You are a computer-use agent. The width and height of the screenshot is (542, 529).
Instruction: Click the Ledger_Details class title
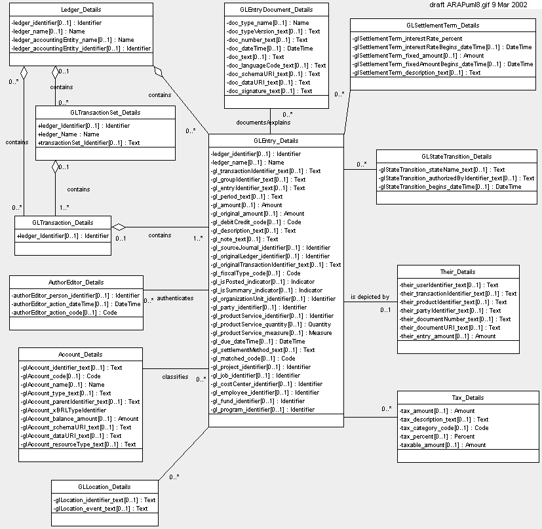pyautogui.click(x=81, y=10)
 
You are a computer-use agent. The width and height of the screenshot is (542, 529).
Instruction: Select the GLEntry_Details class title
pyautogui.click(x=276, y=141)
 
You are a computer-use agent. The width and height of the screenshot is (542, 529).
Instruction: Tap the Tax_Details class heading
pyautogui.click(x=468, y=398)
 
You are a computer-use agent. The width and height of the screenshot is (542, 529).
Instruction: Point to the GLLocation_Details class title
pyautogui.click(x=104, y=487)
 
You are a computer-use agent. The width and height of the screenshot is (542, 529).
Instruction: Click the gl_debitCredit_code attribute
pyautogui.click(x=256, y=222)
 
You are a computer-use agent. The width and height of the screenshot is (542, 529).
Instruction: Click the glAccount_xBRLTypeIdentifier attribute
pyautogui.click(x=64, y=410)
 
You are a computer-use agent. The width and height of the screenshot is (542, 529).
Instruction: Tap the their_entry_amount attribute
pyautogui.click(x=447, y=336)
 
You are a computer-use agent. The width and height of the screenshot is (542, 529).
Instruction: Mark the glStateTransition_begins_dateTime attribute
pyautogui.click(x=450, y=187)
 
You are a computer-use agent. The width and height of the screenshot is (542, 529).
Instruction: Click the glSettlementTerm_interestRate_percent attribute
pyautogui.click(x=407, y=39)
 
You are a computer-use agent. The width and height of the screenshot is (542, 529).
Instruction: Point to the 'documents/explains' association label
pyautogui.click(x=263, y=123)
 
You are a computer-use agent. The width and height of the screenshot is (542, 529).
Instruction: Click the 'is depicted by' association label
pyautogui.click(x=370, y=297)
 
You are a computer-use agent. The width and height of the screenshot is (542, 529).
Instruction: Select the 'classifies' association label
pyautogui.click(x=175, y=377)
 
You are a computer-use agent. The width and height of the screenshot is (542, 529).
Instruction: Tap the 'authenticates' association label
pyautogui.click(x=175, y=298)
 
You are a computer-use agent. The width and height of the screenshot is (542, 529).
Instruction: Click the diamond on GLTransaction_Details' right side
pyautogui.click(x=119, y=227)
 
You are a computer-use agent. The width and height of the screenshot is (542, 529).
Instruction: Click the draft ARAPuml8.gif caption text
pyautogui.click(x=478, y=5)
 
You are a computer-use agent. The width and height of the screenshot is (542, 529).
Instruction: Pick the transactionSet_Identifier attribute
pyautogui.click(x=88, y=143)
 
